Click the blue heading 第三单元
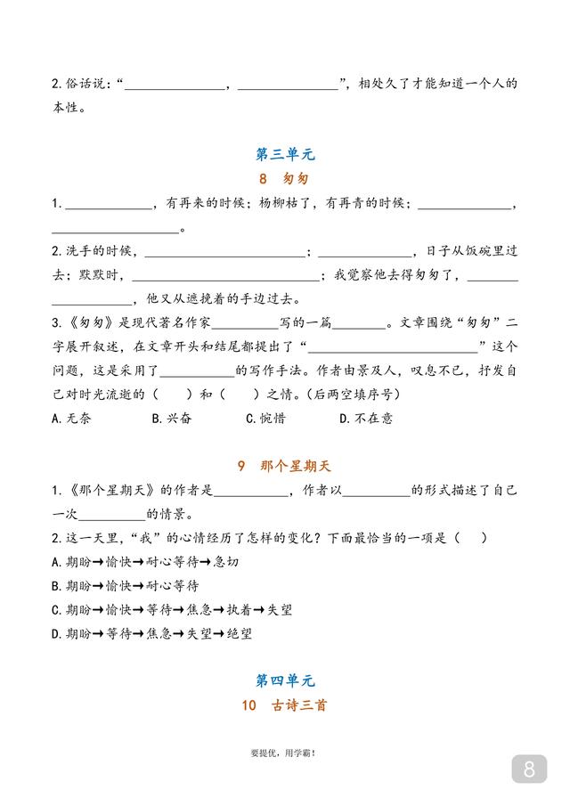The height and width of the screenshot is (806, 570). [x=285, y=154]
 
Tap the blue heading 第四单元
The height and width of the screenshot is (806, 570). [x=285, y=681]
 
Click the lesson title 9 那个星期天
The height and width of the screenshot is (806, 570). [x=285, y=466]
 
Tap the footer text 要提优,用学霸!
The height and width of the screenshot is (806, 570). [x=284, y=753]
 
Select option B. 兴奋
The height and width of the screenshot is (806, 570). [x=171, y=418]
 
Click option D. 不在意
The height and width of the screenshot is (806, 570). [x=366, y=418]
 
